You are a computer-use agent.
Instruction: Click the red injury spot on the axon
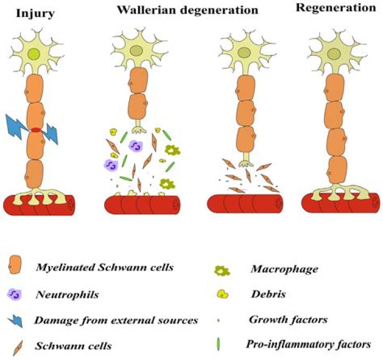[36, 129]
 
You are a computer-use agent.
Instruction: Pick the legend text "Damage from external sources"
[115, 320]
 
